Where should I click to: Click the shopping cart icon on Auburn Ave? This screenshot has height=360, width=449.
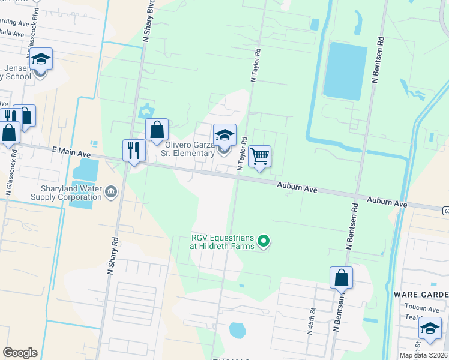pyautogui.click(x=259, y=157)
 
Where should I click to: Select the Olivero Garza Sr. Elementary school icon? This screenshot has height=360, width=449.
pyautogui.click(x=224, y=136)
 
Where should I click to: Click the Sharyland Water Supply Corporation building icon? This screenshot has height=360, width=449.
pyautogui.click(x=110, y=192)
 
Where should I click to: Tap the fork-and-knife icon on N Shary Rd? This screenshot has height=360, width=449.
pyautogui.click(x=134, y=150)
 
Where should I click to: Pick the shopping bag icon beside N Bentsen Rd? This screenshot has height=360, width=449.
pyautogui.click(x=341, y=278)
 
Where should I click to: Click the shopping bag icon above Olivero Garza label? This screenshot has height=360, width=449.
pyautogui.click(x=157, y=130)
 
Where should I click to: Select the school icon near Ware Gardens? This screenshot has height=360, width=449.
pyautogui.click(x=430, y=328)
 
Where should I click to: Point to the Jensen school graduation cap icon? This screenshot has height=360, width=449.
pyautogui.click(x=40, y=59)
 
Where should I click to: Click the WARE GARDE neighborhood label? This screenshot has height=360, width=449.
pyautogui.click(x=421, y=295)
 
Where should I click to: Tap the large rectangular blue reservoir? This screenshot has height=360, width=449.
pyautogui.click(x=345, y=70)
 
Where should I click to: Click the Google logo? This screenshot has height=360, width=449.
pyautogui.click(x=20, y=353)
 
